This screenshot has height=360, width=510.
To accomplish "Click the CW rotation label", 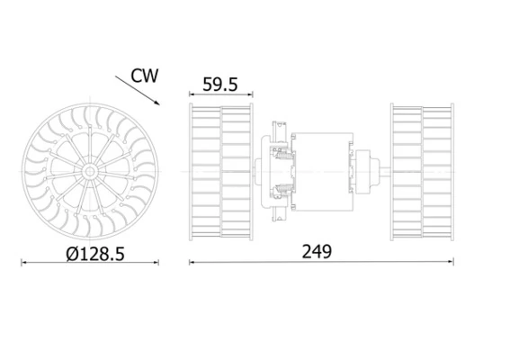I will click(x=144, y=76).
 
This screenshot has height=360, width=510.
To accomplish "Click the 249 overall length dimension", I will click(x=316, y=252).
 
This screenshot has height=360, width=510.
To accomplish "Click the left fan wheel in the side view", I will click(x=221, y=171).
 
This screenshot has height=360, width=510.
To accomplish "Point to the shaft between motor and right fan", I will click(x=385, y=171).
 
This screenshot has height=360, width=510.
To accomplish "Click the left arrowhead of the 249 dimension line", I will click(x=192, y=263).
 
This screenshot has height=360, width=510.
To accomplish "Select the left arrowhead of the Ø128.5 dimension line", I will click(x=24, y=263).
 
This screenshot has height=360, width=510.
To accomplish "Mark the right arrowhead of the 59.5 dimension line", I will click(x=251, y=94).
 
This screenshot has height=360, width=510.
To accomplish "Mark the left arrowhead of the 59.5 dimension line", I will click(x=192, y=94).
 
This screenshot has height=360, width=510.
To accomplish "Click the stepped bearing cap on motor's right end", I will click(x=367, y=171).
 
